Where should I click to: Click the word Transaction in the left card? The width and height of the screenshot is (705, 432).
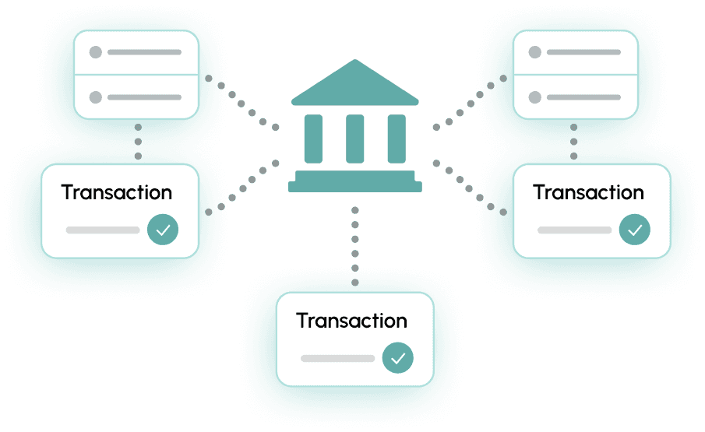pos(117,192)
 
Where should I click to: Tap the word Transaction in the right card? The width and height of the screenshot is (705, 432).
pos(588,192)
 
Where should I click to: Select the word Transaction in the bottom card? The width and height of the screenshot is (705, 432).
pos(352,321)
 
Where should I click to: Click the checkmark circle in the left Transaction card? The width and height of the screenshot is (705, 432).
pos(163,230)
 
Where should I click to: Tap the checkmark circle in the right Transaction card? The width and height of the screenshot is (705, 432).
pos(634,230)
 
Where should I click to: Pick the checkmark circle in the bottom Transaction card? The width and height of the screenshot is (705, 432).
pos(397,358)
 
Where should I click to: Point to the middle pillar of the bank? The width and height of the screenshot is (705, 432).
pos(355,139)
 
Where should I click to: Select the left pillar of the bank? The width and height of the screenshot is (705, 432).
pos(313,139)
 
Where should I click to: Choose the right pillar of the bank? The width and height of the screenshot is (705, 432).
pos(397,139)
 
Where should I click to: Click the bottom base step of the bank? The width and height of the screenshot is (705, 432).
pos(355,187)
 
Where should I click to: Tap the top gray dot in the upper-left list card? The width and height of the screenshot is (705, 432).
pos(96,53)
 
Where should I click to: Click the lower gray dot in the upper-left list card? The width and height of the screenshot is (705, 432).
pos(96,97)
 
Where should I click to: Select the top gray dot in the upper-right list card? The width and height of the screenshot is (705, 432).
pos(534,53)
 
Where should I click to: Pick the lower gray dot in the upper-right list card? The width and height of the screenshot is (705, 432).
pos(534,97)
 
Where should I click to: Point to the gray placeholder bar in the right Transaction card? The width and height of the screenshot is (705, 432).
pos(574,230)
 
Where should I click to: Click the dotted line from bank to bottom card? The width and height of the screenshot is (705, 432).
pos(355,245)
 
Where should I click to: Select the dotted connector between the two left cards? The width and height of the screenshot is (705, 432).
pos(138,141)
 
